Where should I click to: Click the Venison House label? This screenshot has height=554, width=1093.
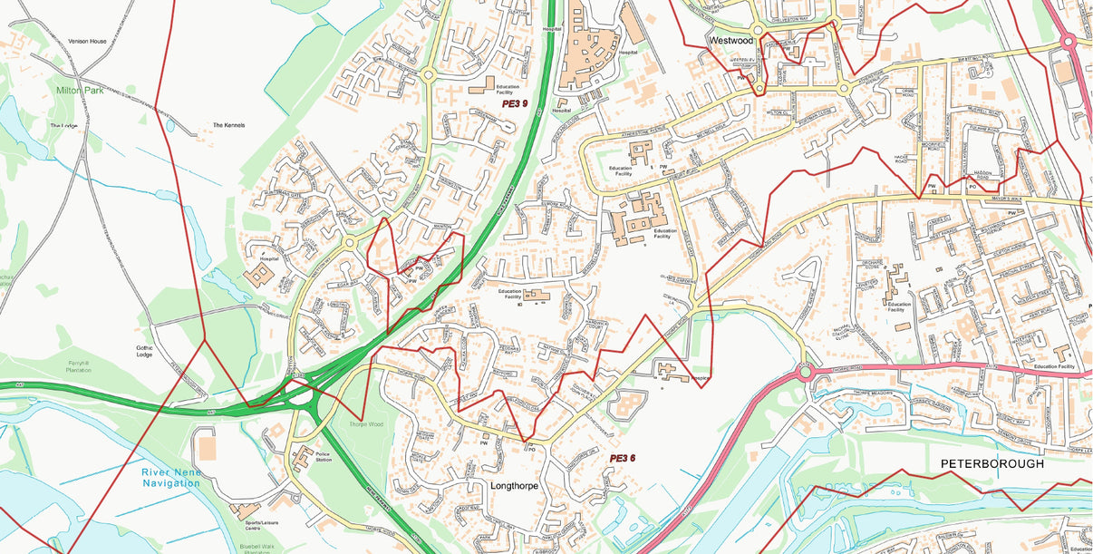87,42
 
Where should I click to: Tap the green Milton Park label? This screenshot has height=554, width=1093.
81,91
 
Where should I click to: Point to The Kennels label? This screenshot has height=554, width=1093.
229,125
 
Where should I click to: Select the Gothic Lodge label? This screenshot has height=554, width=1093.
145,351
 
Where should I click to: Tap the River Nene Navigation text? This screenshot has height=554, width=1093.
170,478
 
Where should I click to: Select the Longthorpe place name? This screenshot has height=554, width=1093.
514,486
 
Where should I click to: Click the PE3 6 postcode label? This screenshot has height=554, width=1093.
622,458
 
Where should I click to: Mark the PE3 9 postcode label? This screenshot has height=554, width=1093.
515,104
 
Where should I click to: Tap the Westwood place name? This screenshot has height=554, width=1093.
730,41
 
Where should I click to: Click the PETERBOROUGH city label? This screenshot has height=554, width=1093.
991,463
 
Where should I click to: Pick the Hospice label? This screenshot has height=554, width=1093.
699,377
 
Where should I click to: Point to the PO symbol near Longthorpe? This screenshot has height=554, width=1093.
532,448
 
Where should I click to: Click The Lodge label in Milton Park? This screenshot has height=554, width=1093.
65,126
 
